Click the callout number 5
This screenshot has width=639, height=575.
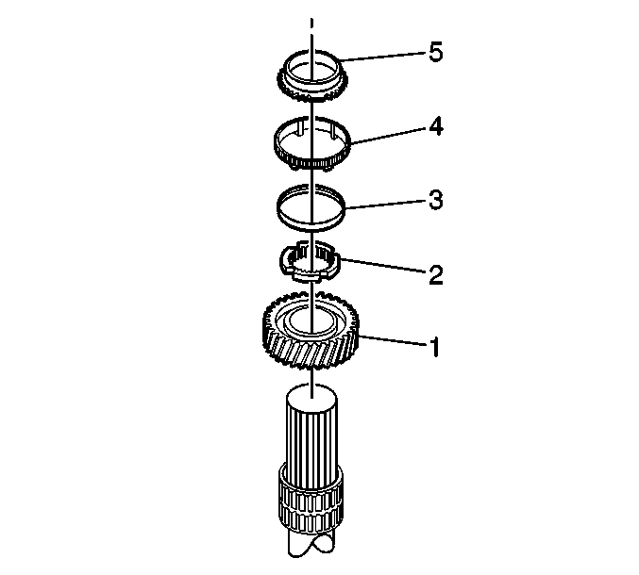click(x=436, y=53)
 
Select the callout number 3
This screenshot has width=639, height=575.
click(x=436, y=200)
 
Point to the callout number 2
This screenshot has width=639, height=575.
click(x=436, y=274)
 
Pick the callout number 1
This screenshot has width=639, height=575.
click(x=436, y=347)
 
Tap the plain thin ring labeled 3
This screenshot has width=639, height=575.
click(x=311, y=223)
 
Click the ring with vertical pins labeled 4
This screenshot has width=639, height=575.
click(x=311, y=164)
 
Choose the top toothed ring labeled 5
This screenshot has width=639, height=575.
click(x=311, y=94)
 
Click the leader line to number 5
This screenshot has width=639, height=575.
click(x=383, y=57)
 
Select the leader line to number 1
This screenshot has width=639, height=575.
click(x=394, y=341)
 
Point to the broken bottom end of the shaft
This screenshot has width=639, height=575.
click(x=311, y=545)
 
